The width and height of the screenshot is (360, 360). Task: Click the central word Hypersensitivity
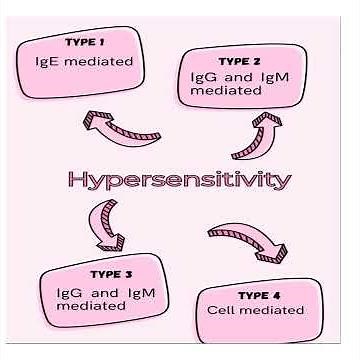[x=180, y=180]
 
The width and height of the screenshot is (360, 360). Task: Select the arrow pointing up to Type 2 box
[x=254, y=134]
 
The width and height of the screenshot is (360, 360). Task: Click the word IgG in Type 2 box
[x=204, y=75]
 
